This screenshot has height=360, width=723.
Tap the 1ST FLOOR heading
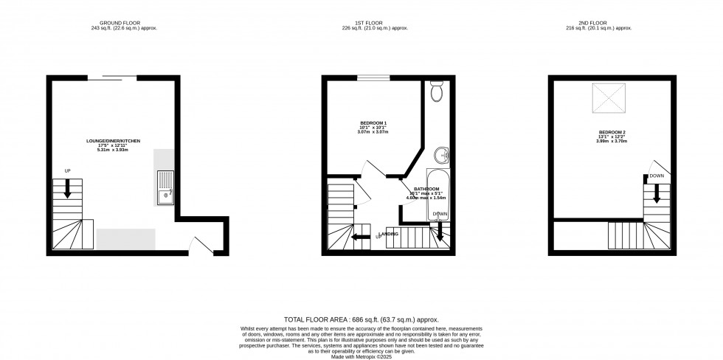click(361, 22)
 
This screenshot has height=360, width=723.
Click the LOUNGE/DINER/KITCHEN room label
click(113, 140)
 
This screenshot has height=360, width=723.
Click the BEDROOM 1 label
click(373, 122)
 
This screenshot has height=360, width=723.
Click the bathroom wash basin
click(441, 155)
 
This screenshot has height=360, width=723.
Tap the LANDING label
click(389, 234)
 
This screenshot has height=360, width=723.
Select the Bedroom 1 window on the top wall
click(373, 77)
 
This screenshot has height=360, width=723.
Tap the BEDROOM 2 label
click(612, 132)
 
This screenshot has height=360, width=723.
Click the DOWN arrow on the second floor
click(654, 195)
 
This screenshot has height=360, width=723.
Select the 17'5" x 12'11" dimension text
click(113, 145)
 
